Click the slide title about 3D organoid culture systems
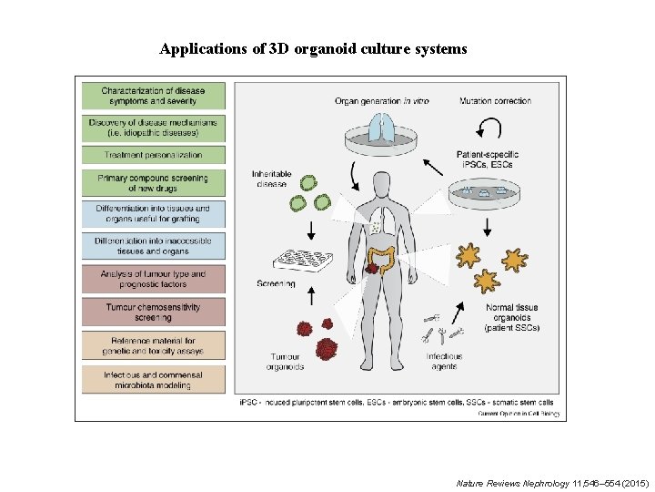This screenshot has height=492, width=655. [x=313, y=48]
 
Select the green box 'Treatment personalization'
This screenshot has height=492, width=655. [x=153, y=155]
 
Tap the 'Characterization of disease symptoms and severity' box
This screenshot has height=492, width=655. [x=153, y=96]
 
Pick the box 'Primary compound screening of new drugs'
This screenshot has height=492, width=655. [x=153, y=183]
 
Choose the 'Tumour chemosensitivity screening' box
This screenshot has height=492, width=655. [x=153, y=312]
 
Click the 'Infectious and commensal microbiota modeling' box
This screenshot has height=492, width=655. [x=153, y=379]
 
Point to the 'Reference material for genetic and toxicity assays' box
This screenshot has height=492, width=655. [x=153, y=345]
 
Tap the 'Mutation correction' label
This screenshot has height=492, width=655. [x=495, y=100]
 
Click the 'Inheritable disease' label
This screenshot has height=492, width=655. [x=270, y=179]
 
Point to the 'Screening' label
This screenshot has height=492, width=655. [x=276, y=283]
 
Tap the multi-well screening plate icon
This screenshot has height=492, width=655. [x=301, y=261]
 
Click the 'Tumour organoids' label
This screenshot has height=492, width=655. [x=285, y=361]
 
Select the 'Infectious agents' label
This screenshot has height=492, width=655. [x=444, y=361]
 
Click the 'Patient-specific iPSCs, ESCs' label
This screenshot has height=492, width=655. [x=494, y=159]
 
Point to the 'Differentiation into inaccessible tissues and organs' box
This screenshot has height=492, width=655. [x=153, y=245]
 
